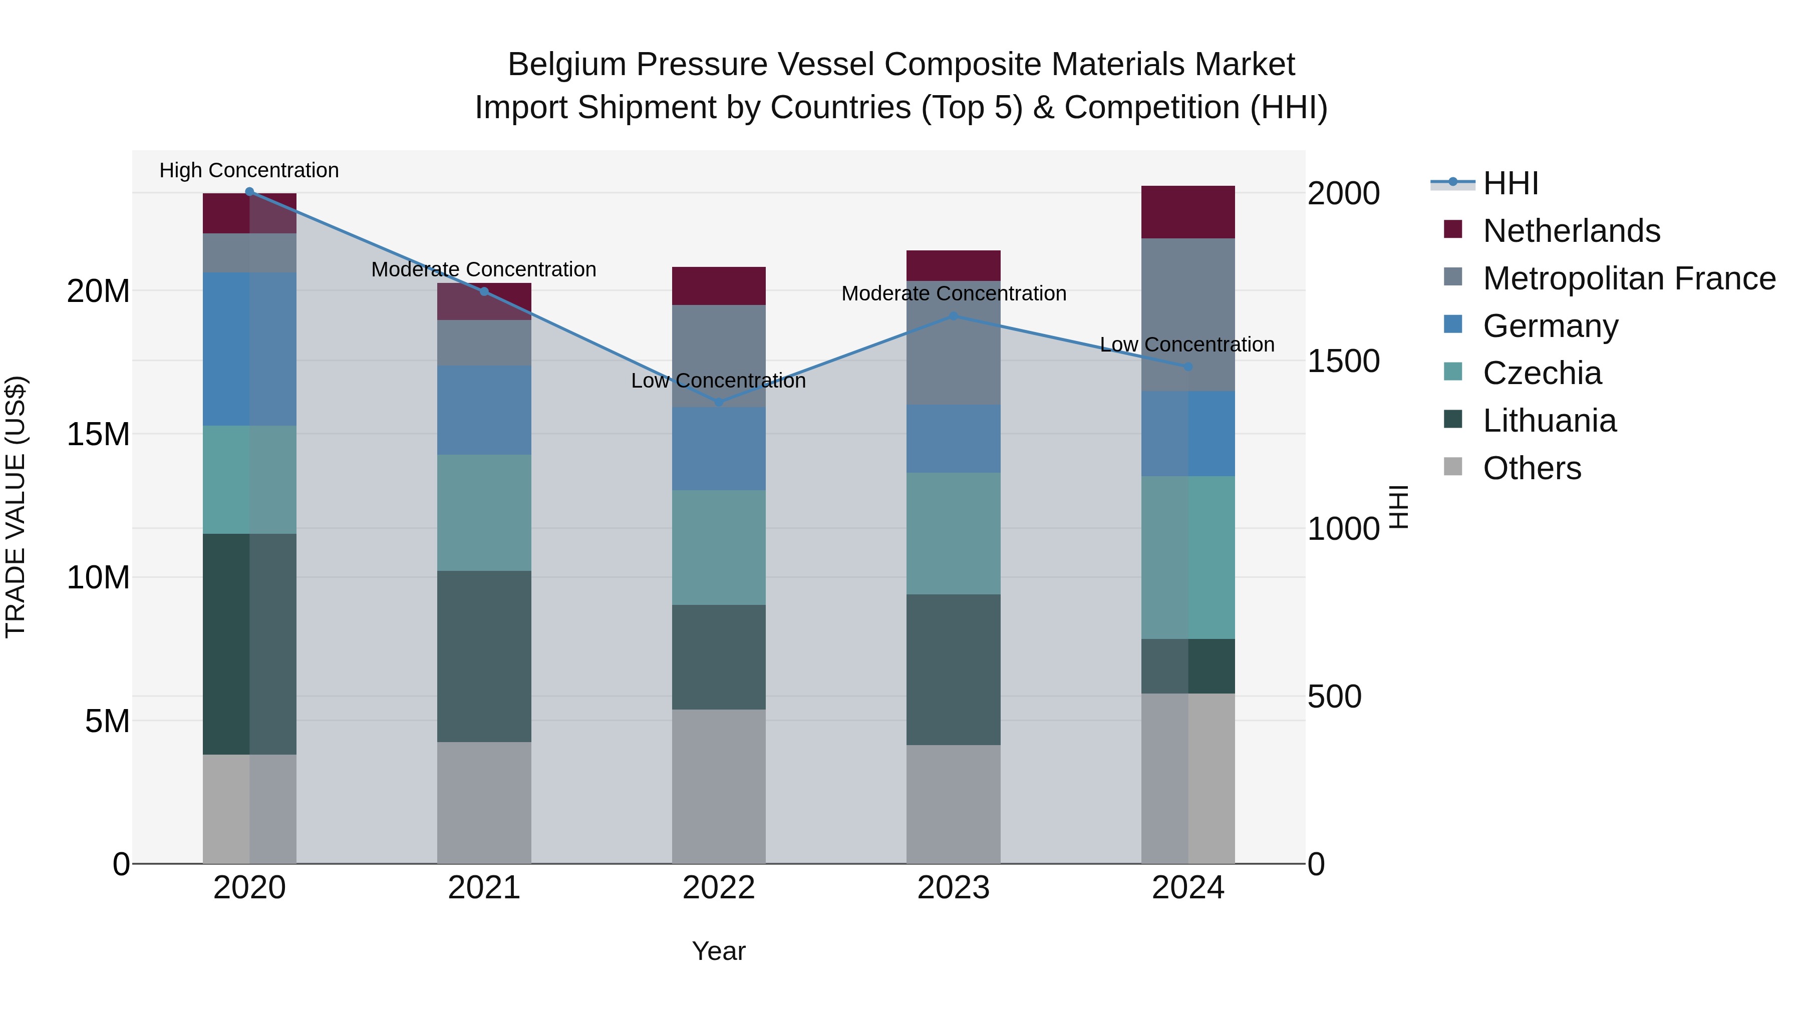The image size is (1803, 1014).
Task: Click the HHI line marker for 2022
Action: tap(719, 403)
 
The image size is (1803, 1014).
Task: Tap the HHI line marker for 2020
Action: tap(249, 192)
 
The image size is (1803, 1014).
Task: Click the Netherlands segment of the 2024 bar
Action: tap(1188, 212)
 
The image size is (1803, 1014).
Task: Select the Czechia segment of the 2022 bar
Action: tap(719, 547)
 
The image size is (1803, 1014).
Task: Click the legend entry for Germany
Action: tap(1550, 326)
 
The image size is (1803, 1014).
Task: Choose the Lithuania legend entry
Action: tap(1549, 421)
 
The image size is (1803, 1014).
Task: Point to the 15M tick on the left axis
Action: tap(98, 435)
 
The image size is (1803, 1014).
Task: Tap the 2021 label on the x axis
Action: tap(484, 888)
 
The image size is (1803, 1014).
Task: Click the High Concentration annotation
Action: tap(249, 170)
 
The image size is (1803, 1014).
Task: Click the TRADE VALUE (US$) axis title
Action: tap(16, 507)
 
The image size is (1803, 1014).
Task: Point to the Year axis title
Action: tap(719, 951)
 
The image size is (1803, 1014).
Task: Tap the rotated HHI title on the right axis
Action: tap(1398, 507)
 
